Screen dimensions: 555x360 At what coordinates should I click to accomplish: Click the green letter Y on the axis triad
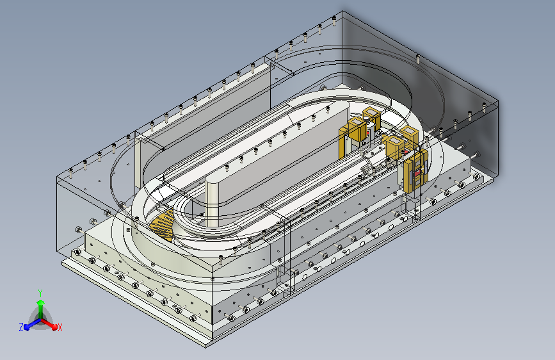tap(40, 293)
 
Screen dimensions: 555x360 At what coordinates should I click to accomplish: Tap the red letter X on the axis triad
tap(60, 328)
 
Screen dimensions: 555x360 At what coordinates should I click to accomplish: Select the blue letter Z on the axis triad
tap(21, 327)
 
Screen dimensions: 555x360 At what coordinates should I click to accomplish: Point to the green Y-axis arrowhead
tap(41, 302)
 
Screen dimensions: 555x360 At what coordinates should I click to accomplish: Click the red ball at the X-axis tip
tap(54, 327)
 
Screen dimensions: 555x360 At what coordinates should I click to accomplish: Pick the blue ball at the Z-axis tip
tap(26, 327)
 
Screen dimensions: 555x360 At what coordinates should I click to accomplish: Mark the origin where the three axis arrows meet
tap(41, 320)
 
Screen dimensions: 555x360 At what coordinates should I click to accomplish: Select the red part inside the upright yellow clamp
tap(419, 172)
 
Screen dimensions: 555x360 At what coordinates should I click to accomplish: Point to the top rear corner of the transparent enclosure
tap(342, 11)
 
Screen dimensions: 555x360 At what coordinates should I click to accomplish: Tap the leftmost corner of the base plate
tap(62, 262)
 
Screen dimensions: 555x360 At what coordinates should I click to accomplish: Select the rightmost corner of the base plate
tap(492, 181)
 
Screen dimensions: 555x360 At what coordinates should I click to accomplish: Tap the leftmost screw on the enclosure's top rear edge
tap(71, 173)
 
